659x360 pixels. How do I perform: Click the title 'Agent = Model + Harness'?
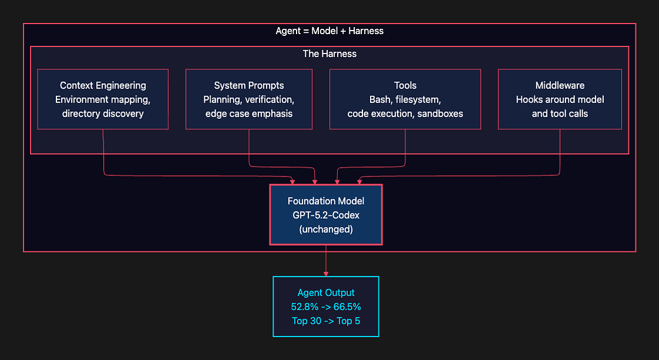(x=329, y=31)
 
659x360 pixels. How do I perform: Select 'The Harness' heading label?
(x=329, y=54)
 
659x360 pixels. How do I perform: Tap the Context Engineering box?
(x=103, y=99)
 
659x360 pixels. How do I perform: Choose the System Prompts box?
(x=249, y=99)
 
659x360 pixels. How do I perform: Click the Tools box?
(x=405, y=99)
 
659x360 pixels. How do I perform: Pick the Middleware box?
(x=560, y=99)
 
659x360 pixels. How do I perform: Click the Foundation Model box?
(x=326, y=215)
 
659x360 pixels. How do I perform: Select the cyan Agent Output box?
(x=326, y=306)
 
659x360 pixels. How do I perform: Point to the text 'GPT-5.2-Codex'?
(x=326, y=215)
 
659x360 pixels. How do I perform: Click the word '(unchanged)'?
(x=326, y=229)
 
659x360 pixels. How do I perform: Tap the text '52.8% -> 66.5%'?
(x=326, y=306)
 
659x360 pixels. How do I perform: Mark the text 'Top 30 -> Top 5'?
(x=326, y=321)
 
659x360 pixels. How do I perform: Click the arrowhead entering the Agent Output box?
(x=326, y=274)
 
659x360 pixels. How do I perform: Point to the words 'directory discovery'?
(x=103, y=114)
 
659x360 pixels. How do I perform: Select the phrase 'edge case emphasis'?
(x=249, y=114)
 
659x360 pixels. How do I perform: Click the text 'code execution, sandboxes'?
(x=405, y=114)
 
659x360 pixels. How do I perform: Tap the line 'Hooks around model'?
(x=560, y=99)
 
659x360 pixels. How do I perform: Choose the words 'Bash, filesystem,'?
(x=405, y=99)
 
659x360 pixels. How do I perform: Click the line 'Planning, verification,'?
(x=249, y=99)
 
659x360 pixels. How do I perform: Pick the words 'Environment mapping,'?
(x=103, y=99)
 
